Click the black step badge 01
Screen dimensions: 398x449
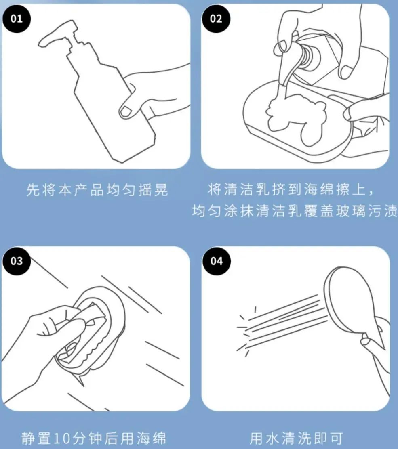[16, 19]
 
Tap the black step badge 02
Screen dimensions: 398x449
[216, 19]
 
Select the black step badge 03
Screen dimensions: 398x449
[16, 261]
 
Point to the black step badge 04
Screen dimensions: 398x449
[216, 261]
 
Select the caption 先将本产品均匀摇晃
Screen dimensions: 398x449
[97, 190]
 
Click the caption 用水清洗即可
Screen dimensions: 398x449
[296, 438]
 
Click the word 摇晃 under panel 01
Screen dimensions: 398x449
[153, 190]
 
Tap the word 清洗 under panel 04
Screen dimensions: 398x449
[296, 438]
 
